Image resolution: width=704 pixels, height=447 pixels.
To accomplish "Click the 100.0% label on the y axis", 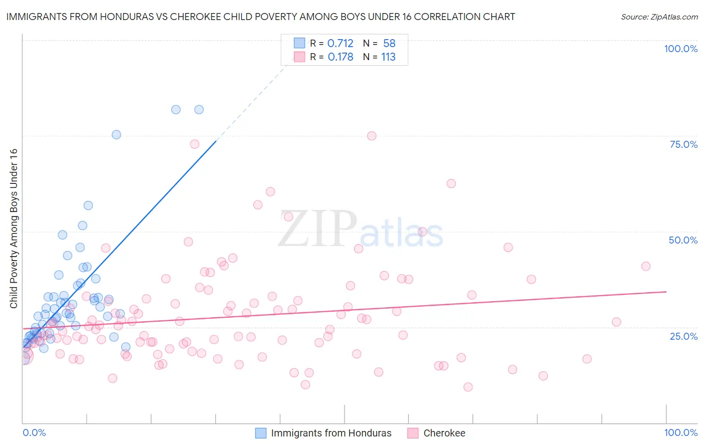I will [680, 49].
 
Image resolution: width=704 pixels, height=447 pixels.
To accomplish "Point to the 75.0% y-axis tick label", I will [683, 144].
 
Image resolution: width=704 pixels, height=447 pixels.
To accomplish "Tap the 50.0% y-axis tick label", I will [683, 240].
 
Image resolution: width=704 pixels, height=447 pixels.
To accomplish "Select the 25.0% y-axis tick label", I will [683, 336].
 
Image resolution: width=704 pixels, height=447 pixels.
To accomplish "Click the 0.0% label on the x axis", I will [34, 432].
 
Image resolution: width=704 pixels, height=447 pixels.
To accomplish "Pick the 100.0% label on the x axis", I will [680, 432].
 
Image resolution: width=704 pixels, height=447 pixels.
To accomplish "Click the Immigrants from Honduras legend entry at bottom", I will [331, 433].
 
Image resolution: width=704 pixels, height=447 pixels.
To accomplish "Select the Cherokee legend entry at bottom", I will [444, 433].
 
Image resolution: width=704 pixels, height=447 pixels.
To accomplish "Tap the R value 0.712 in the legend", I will [340, 44].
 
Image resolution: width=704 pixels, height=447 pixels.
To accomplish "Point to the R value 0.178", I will [340, 57].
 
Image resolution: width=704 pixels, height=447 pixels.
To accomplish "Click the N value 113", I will [388, 57].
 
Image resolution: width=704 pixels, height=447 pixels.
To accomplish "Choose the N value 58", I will [389, 44].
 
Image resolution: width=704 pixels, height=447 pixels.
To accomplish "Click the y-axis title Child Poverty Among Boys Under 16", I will [14, 229].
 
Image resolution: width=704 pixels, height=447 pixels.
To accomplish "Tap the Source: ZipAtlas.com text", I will [659, 17].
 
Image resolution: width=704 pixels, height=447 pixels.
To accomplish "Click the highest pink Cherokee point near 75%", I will [372, 136].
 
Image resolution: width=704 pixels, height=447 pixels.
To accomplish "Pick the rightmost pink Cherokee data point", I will [646, 266].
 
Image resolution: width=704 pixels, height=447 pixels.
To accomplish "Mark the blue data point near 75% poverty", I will [116, 134].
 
